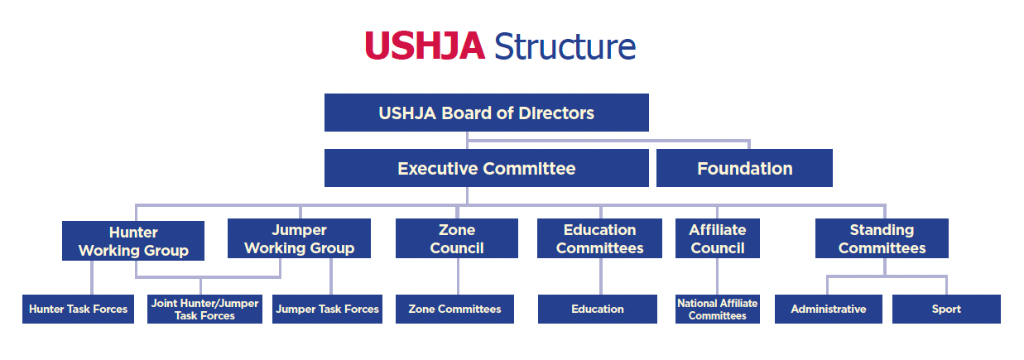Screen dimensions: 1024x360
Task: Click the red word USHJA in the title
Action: (425, 46)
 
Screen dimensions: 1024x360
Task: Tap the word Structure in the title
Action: (565, 46)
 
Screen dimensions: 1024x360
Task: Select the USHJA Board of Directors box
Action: (487, 113)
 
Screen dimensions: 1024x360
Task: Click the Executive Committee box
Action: (487, 168)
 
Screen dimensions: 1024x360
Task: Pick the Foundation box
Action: (744, 168)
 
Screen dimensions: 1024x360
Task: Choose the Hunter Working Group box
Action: (133, 241)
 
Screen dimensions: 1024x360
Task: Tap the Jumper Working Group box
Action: (299, 238)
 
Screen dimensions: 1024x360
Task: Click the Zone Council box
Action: (457, 238)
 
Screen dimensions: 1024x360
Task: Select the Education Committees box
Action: (599, 238)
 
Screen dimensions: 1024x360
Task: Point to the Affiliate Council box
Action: (718, 238)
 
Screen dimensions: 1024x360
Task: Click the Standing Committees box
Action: (882, 238)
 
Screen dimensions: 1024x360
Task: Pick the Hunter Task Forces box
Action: (78, 310)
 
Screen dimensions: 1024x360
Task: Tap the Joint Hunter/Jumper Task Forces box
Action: (204, 310)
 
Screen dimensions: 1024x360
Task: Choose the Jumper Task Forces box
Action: (327, 310)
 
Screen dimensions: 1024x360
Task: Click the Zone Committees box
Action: (454, 310)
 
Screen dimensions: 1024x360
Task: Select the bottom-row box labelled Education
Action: (598, 310)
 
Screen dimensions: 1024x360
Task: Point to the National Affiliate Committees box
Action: (718, 310)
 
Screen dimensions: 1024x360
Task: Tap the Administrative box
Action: (829, 310)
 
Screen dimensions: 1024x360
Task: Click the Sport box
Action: (946, 310)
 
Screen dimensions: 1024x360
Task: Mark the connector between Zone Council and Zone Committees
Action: (458, 276)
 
